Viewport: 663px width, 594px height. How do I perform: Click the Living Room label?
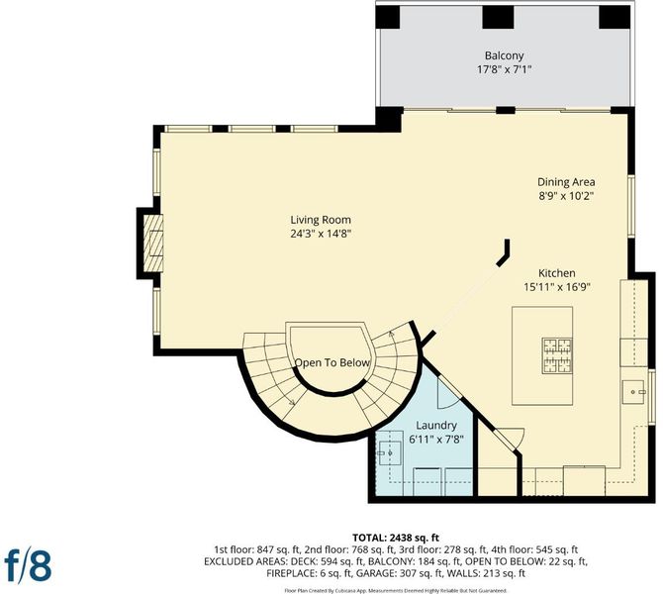coord(321,220)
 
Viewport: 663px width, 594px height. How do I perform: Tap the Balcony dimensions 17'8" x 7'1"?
coord(504,69)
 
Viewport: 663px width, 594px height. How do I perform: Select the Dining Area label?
coord(566,182)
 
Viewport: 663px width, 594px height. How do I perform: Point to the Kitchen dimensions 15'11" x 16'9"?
coord(557,287)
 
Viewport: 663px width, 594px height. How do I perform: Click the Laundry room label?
coord(436,425)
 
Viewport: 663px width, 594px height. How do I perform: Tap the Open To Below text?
coord(331,362)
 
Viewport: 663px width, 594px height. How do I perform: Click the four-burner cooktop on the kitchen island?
coord(558,355)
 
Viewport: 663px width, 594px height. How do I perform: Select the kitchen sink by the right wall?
coord(635,392)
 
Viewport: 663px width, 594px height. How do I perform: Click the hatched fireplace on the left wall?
coord(153,243)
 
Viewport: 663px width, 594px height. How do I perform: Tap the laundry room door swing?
coord(448,392)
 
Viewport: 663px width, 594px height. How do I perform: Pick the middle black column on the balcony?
coord(498,18)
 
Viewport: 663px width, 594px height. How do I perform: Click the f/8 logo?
coord(28,564)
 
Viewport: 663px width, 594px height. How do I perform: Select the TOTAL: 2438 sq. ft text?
coord(396,538)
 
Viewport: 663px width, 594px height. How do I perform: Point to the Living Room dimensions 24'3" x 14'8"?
coord(321,233)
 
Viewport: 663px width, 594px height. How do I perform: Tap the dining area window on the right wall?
coord(631,206)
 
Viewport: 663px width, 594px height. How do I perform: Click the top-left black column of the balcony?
coord(388,18)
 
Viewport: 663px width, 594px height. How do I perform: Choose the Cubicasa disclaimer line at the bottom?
coord(396,590)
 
